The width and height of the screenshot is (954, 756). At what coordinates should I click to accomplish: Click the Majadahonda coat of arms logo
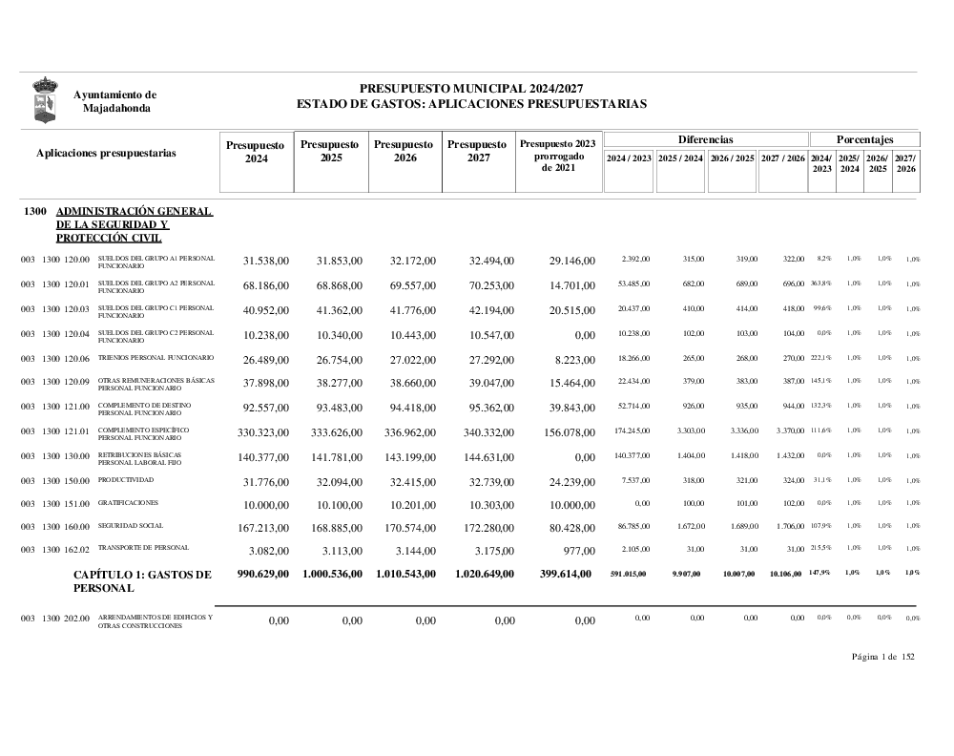(x=45, y=100)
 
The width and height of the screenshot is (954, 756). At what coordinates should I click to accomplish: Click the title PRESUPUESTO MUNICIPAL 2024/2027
(x=471, y=88)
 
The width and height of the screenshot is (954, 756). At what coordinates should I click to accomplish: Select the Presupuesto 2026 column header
(x=404, y=151)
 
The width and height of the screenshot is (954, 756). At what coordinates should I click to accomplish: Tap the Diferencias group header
(x=705, y=139)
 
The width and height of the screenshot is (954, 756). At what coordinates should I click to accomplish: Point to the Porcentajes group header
(x=864, y=139)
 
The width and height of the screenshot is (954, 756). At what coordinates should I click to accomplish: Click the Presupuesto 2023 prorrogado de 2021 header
(x=558, y=156)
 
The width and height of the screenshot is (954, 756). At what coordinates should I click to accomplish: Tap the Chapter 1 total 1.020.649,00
(x=480, y=574)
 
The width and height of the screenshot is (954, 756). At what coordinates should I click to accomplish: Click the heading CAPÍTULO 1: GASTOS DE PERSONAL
(x=142, y=581)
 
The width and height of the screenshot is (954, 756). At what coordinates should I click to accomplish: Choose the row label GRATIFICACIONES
(x=128, y=502)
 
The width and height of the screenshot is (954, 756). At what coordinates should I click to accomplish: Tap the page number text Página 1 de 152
(x=883, y=656)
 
